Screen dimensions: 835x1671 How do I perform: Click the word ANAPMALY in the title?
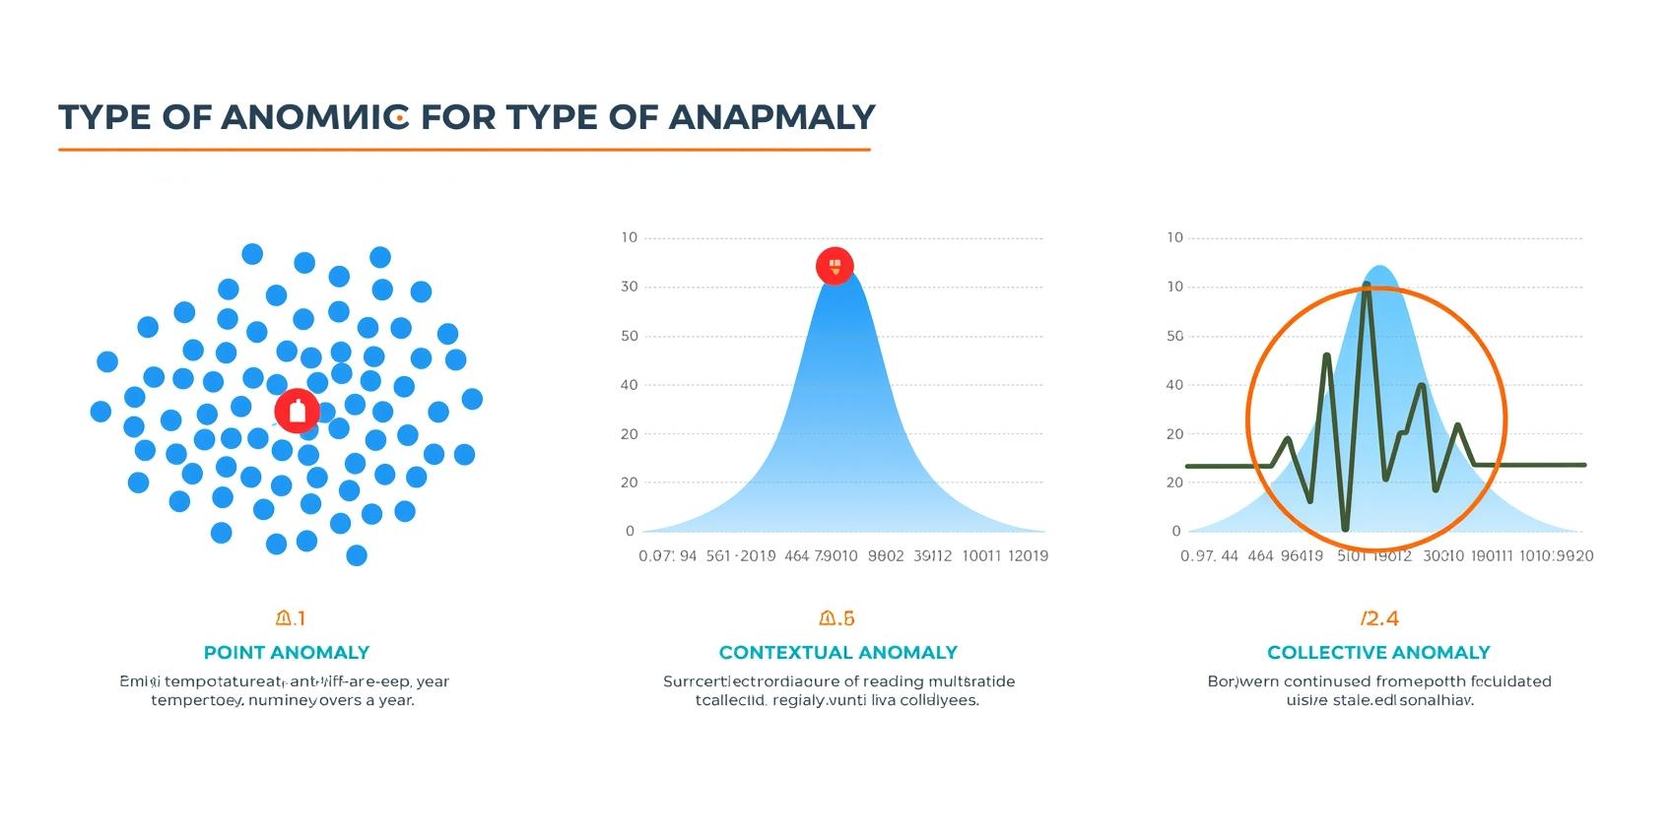pos(771,117)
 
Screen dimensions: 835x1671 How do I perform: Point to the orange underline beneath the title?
pos(464,150)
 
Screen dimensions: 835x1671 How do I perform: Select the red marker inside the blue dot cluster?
pos(297,411)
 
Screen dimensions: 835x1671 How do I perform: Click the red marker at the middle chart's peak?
pos(835,266)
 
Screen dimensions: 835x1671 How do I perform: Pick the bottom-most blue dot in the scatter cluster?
pos(357,555)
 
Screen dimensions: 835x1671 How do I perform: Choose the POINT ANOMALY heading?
pos(286,652)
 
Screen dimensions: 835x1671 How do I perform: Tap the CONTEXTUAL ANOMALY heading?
pos(837,652)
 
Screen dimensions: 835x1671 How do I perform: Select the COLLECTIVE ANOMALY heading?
pos(1377,652)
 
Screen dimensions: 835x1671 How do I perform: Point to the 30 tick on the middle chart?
pos(629,287)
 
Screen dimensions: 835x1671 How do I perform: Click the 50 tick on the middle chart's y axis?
pos(629,336)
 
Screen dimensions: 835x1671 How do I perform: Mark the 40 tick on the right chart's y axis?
pos(1174,385)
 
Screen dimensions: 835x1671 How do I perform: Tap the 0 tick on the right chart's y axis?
pos(1176,531)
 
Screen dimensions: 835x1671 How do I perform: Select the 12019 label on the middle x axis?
pos(1028,555)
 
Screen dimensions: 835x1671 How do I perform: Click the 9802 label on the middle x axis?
pos(886,555)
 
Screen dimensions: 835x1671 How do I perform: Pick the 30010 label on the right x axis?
pos(1443,555)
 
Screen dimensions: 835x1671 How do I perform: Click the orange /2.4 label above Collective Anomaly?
pos(1378,618)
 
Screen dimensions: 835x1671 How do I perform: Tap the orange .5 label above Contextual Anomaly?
pos(837,618)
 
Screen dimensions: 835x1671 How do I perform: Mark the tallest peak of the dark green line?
pos(1367,285)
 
